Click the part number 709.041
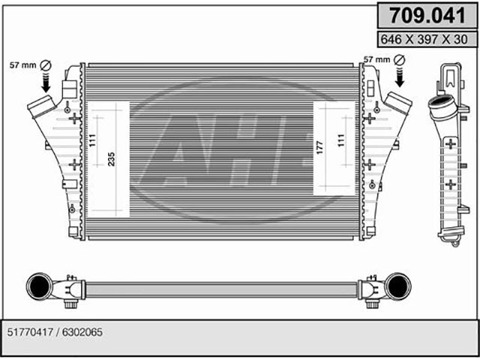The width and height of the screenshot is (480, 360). pos(427,15)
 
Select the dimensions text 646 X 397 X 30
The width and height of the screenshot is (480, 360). pos(424,40)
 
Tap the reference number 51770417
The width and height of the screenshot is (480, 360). pos(30,332)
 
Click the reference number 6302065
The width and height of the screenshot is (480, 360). pos(82,332)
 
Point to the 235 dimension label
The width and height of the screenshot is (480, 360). pos(112,159)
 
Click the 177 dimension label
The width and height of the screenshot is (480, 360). pos(320,148)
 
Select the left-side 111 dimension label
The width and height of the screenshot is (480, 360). pos(92,140)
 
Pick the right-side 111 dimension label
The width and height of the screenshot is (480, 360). pos(341,140)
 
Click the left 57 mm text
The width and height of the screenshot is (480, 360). pos(23,65)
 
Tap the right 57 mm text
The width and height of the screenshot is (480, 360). pos(376,59)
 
